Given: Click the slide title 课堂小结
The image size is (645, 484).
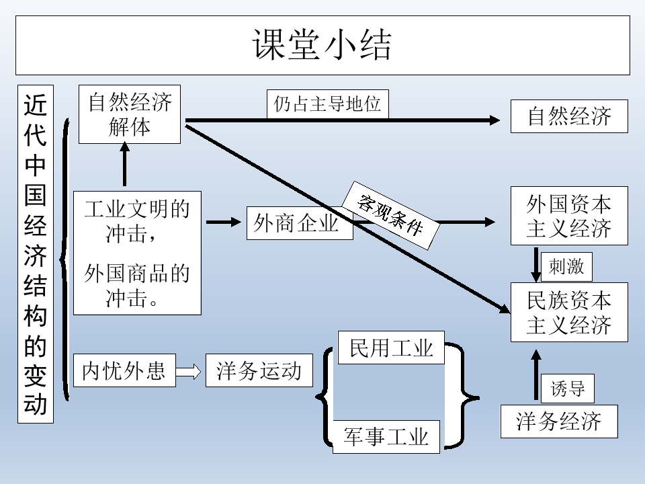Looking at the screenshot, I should [322, 44].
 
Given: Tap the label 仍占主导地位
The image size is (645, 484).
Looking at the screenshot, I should [327, 104].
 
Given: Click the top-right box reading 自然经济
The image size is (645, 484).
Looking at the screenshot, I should [569, 116].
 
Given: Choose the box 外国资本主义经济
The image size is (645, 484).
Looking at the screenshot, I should [569, 216].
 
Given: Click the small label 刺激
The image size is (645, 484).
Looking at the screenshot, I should [566, 268].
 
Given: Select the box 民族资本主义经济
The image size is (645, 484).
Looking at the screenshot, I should [569, 313].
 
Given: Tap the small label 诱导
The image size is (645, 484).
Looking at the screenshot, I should [568, 388].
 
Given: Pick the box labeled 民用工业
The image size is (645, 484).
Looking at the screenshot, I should [391, 347].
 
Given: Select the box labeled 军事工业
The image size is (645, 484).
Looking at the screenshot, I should [386, 437].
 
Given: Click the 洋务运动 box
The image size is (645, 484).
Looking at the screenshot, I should [259, 370].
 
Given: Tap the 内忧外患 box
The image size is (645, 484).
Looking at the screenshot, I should [124, 370].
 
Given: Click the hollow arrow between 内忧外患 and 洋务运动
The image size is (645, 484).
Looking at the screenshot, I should [189, 371].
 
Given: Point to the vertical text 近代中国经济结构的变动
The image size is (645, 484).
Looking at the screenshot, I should [35, 254].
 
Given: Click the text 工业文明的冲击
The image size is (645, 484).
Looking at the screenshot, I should [137, 220].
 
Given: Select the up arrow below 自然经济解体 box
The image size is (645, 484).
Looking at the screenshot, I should [124, 165].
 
